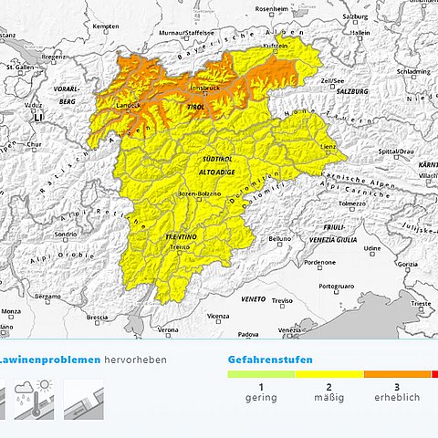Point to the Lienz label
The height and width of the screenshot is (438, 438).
pos(328,145)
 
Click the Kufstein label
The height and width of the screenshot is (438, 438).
pos(276,44)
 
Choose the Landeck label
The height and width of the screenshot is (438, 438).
pos(128,105)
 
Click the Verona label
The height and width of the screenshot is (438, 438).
pos(168,329)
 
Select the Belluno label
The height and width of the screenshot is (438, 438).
pos(279,239)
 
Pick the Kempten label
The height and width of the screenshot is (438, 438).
pos(106,26)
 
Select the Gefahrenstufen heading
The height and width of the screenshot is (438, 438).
pos(270,360)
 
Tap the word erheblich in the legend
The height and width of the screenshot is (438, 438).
pos(397,398)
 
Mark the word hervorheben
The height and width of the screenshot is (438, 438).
pos(135,360)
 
